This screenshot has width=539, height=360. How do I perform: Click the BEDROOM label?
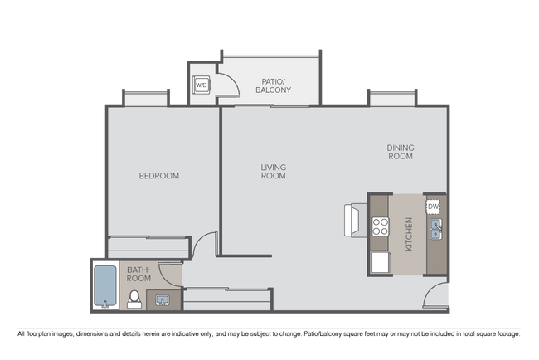pos(158,176)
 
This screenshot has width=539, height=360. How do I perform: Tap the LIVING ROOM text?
pos(273,171)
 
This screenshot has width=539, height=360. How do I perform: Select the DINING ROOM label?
pos(400,152)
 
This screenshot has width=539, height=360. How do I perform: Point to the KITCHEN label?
pos(409,234)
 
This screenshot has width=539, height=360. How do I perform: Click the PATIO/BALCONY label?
pos(273,85)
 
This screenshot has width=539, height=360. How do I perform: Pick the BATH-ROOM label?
pos(138,274)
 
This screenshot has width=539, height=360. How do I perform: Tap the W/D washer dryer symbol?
pos(202,85)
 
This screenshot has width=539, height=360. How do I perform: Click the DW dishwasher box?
pos(433,207)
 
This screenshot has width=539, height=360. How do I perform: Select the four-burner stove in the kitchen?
pos(380,226)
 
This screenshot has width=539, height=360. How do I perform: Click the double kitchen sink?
pos(435,228)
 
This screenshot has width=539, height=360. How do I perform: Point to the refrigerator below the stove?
pos(380,262)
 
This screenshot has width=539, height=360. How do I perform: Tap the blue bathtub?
pos(104,286)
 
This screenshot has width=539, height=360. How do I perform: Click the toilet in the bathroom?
pos(134,299)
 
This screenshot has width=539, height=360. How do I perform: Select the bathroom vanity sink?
pos(162,299)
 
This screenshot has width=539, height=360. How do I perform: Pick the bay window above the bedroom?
pos(146,100)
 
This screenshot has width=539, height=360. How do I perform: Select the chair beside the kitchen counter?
pos(352,220)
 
